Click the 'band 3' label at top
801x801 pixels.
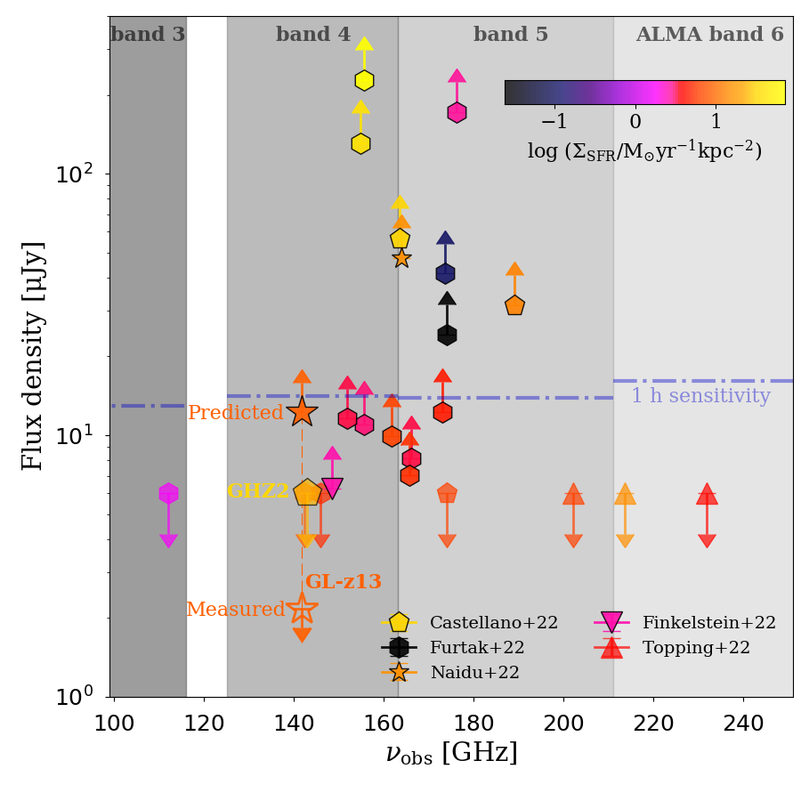(148, 35)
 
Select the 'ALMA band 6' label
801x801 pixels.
(709, 35)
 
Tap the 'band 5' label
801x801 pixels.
(511, 35)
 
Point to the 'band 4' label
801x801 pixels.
(313, 35)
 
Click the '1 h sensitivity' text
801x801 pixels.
(700, 396)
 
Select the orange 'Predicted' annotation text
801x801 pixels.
(235, 413)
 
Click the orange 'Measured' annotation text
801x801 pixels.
(235, 610)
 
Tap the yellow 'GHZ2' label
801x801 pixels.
(258, 491)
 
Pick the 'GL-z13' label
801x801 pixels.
(344, 582)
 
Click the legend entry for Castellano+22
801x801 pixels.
(493, 623)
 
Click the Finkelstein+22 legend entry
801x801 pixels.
(708, 623)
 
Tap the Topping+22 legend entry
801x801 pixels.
(696, 648)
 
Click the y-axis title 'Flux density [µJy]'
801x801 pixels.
(33, 356)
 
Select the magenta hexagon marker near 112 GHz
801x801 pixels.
(168, 493)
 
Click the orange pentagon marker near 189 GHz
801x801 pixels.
(514, 305)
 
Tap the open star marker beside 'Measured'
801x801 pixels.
(303, 610)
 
